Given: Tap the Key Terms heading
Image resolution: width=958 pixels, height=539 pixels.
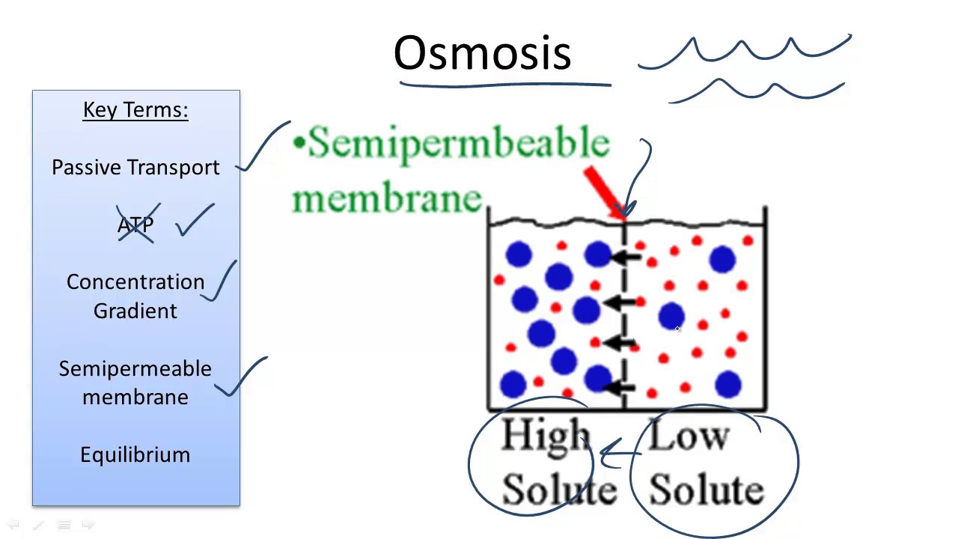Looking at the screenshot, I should point(135,110).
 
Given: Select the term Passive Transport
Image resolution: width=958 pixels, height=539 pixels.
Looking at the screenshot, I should point(135,168).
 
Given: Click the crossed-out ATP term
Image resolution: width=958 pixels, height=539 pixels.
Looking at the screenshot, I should point(135,225).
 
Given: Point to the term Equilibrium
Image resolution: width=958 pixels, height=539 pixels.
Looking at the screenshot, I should point(135,455).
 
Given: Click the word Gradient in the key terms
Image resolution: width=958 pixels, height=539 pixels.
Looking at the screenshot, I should point(135,311).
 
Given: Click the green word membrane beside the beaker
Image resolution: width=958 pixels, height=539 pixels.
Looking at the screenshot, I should point(386,198).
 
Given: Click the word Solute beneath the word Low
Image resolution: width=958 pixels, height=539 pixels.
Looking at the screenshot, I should point(706,490).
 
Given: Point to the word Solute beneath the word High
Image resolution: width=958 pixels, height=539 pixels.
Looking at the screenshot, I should point(559,490).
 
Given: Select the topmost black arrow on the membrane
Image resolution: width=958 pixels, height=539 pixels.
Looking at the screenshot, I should point(626,258).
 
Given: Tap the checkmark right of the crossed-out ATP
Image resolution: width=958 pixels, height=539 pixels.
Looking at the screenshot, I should point(196,221).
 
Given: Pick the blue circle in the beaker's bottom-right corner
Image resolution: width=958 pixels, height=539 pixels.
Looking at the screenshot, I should point(727,384).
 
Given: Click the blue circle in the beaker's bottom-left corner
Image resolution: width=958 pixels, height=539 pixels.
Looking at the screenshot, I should point(513,384).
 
